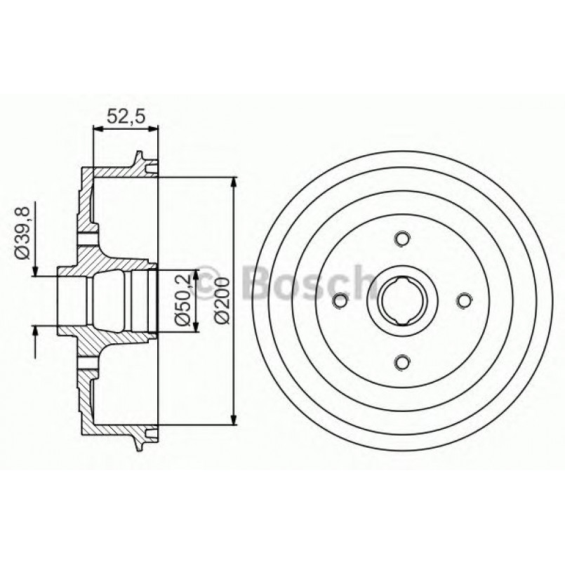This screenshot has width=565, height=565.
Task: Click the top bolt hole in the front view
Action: pyautogui.click(x=401, y=239)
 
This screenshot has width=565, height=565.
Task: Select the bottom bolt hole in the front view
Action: pyautogui.click(x=401, y=362)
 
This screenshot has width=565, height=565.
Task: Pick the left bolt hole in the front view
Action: pyautogui.click(x=340, y=301)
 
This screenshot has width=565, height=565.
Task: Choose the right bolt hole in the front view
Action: pyautogui.click(x=463, y=301)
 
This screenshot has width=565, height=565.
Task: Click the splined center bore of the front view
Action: pyautogui.click(x=401, y=301)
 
